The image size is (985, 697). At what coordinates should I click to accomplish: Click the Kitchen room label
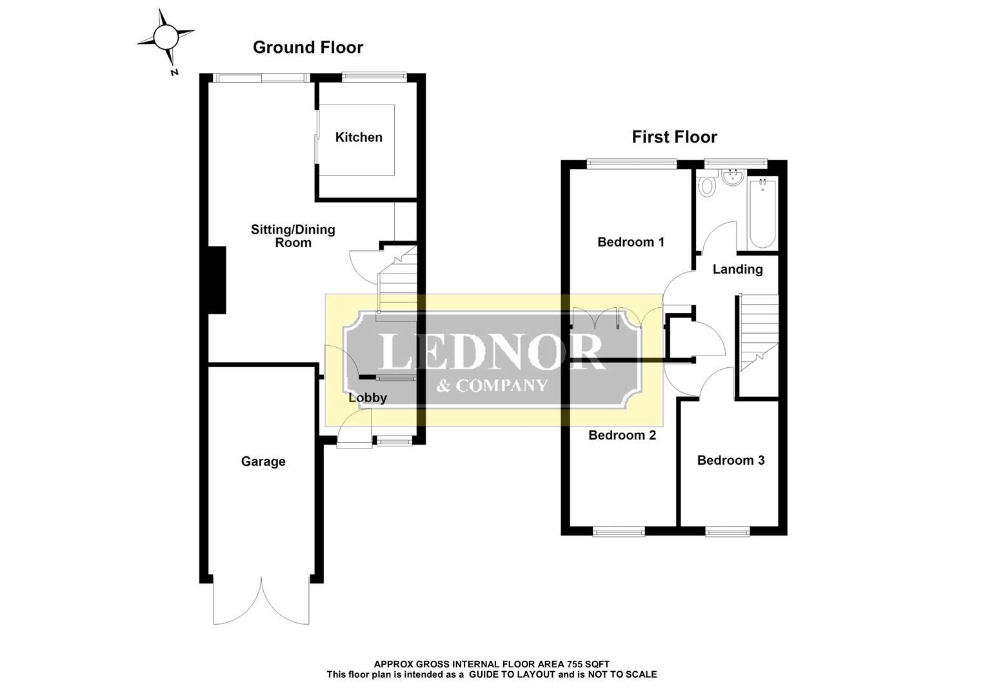coord(359,137)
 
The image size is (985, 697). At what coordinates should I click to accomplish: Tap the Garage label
coord(263,461)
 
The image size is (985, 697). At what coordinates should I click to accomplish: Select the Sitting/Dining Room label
coord(293,236)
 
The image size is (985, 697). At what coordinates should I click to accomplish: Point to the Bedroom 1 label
coord(631,241)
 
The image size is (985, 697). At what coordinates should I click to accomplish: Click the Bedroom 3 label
coord(730,460)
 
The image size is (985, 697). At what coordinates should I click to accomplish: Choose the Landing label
coord(737,269)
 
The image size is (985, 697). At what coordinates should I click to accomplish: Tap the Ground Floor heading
coord(308,48)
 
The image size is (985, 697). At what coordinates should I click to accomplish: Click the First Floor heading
coord(674,137)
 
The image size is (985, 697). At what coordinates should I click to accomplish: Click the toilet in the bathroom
coord(706,184)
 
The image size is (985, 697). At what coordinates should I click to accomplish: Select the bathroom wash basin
coord(732,177)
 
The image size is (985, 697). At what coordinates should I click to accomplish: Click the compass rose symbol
coord(166,37)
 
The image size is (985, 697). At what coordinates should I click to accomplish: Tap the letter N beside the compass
coord(174,72)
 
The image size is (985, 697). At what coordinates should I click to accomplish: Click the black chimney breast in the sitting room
coord(217,280)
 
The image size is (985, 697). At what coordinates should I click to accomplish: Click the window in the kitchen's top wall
coord(375,77)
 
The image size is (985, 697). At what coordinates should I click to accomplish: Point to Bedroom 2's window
coord(619,532)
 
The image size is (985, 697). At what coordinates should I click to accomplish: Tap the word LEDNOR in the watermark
coord(490,351)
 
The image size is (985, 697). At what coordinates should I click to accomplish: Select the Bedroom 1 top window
coord(632,164)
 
